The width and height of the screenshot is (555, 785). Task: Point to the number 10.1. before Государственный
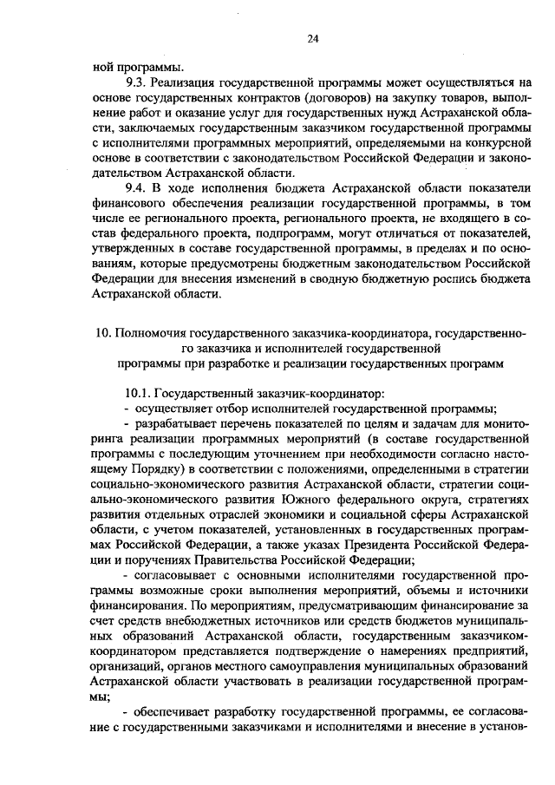(139, 393)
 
